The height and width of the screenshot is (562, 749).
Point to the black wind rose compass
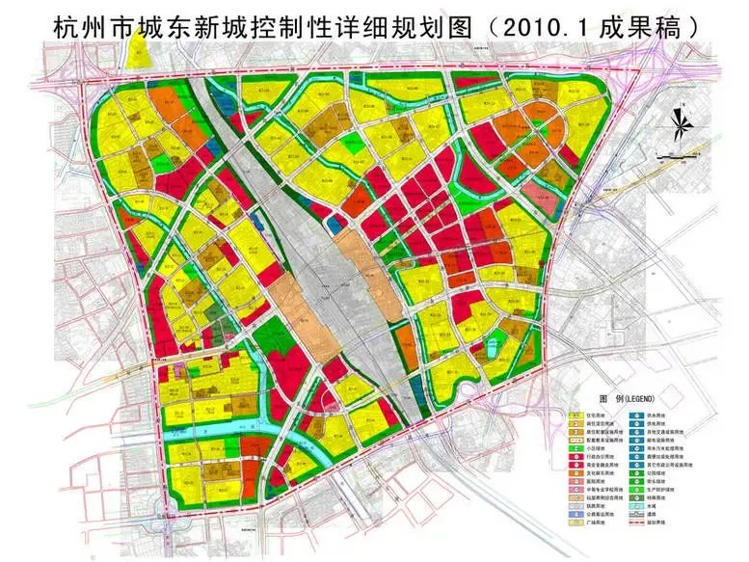click(678, 120)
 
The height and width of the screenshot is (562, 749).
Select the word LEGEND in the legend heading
click(639, 399)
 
